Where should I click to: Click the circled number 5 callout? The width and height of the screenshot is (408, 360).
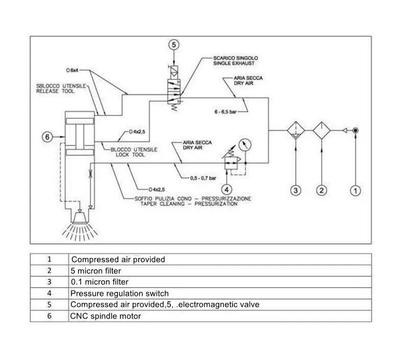(x=174, y=45)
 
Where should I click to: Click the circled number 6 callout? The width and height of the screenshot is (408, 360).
(x=47, y=137)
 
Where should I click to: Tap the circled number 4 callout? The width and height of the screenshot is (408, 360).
(x=226, y=190)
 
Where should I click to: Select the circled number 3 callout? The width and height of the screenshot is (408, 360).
(x=296, y=190)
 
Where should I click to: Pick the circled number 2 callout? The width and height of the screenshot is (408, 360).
(x=322, y=190)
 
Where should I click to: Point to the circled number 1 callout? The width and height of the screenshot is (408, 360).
(x=355, y=191)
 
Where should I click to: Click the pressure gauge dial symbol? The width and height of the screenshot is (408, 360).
(x=245, y=145)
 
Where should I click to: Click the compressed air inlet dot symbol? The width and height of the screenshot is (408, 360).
(x=355, y=131)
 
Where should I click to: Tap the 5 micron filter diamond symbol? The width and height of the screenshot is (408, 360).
(x=322, y=131)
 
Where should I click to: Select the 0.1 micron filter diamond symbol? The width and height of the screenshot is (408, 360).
(x=296, y=131)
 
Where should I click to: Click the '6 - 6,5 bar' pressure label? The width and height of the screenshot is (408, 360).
(x=225, y=112)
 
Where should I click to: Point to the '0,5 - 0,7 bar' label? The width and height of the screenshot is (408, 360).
(x=203, y=178)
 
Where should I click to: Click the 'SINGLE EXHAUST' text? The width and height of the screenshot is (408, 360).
(x=234, y=63)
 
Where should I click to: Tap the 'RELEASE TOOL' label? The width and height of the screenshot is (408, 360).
(x=55, y=91)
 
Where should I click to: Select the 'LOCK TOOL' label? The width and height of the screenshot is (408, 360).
(x=130, y=155)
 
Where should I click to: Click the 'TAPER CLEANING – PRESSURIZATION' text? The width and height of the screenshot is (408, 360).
(x=189, y=204)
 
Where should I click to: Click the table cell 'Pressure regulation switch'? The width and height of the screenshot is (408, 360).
(x=119, y=293)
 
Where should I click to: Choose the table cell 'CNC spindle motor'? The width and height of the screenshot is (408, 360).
(x=106, y=316)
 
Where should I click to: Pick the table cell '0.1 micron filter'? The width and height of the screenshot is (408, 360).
(x=99, y=282)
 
